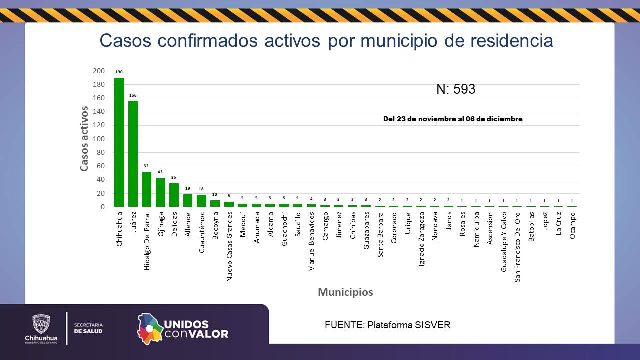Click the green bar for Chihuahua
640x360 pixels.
[x=119, y=142]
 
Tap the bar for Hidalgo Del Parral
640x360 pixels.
[x=147, y=189]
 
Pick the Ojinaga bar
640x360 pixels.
[x=160, y=192]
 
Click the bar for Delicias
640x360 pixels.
[x=174, y=195]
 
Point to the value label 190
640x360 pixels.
[x=119, y=72]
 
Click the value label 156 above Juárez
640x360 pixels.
[x=133, y=95]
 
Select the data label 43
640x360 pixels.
[x=160, y=172]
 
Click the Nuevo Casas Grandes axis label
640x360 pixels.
[x=229, y=246]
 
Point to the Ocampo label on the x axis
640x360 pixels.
[x=572, y=226]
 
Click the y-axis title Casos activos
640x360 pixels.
[x=84, y=138]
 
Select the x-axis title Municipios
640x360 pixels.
[x=345, y=292]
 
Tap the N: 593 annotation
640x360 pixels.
[x=455, y=89]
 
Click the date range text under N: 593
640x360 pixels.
[x=453, y=119]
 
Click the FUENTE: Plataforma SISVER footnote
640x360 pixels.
[x=387, y=325]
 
